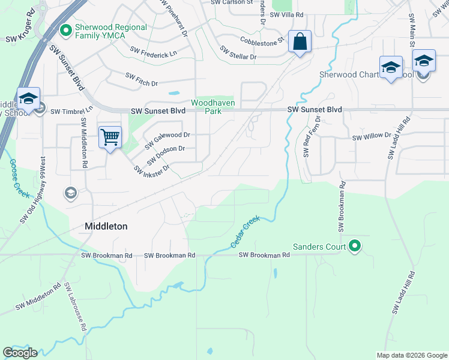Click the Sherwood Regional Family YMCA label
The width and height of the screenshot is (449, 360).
coord(110,31)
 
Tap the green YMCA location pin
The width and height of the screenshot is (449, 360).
coord(66,28)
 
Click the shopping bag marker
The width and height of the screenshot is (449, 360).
coord(299,42)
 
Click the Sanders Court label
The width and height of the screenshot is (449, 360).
coord(319,247)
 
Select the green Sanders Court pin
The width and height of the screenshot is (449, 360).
coord(355,246)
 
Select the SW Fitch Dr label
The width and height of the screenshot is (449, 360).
coord(142,79)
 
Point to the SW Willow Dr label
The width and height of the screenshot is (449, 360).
coord(372,137)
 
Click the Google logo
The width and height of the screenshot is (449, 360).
coord(20,352)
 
